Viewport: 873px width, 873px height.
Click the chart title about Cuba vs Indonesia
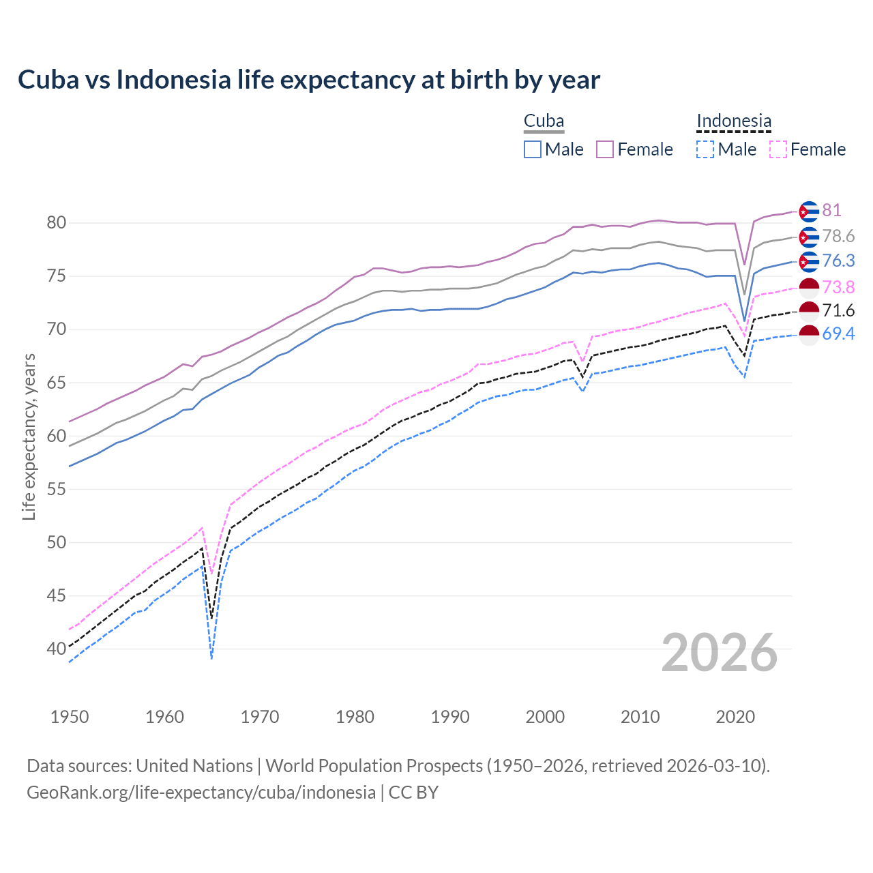pos(308,80)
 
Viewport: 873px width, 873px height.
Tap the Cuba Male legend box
pos(533,149)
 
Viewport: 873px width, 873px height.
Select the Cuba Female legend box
pos(605,149)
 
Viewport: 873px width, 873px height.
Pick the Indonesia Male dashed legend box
pos(705,149)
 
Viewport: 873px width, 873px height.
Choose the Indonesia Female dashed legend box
pos(778,149)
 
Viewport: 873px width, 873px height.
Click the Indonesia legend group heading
pos(734,121)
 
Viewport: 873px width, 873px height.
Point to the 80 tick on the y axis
pos(56,223)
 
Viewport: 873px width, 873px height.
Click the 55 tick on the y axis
pos(56,489)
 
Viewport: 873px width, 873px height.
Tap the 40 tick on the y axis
pos(56,649)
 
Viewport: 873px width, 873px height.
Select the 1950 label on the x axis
pos(70,717)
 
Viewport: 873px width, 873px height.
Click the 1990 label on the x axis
pos(450,717)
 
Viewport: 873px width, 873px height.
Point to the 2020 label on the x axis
pos(735,717)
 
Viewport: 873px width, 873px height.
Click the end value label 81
pos(831,211)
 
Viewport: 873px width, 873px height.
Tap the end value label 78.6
pos(838,237)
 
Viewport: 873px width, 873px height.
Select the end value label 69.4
pos(838,334)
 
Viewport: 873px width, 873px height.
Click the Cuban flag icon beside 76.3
pos(808,261)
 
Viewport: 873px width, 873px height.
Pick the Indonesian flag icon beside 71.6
pos(808,311)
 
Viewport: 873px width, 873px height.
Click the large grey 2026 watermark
pos(719,653)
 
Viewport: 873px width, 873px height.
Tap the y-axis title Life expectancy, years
pos(29,436)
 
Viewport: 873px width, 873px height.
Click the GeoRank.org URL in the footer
pos(201,793)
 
